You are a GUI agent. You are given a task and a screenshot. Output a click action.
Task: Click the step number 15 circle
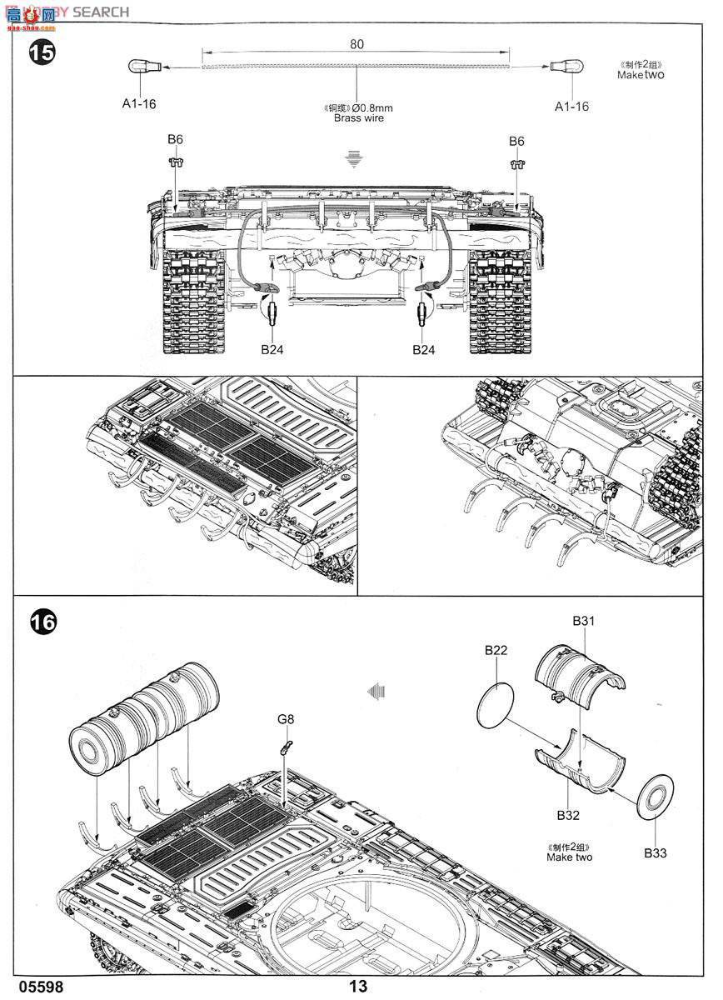(x=42, y=52)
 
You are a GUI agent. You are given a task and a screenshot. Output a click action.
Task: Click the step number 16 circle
(x=42, y=622)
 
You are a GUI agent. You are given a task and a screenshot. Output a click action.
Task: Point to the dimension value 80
(x=357, y=44)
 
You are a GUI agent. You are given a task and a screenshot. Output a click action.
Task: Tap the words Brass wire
(x=359, y=119)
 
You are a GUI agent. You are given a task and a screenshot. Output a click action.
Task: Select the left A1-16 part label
(x=139, y=104)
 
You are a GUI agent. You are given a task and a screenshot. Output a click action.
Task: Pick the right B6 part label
(x=516, y=141)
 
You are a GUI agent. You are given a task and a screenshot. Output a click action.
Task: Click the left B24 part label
(x=272, y=350)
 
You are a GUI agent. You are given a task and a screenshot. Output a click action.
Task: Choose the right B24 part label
(x=424, y=350)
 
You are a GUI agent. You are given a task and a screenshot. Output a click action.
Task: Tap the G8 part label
(x=286, y=718)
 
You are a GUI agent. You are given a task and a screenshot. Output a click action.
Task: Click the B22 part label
(x=496, y=650)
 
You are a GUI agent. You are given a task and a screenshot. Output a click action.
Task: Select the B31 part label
(x=583, y=621)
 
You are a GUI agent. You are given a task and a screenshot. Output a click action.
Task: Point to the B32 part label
(x=569, y=815)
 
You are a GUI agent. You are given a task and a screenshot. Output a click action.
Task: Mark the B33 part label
(x=655, y=852)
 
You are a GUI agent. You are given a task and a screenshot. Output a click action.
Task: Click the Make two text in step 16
(x=570, y=857)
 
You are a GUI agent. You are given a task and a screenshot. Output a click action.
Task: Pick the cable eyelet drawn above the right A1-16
(x=570, y=66)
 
